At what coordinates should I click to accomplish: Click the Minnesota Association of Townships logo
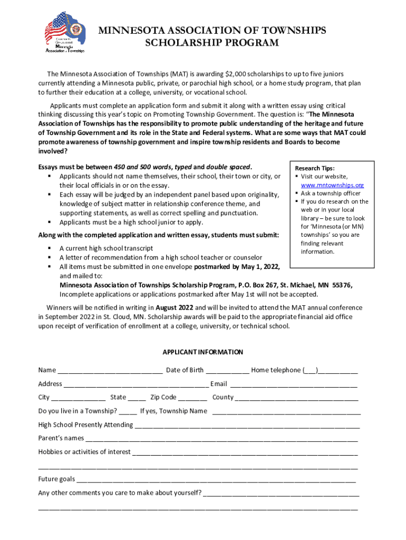coord(64,33)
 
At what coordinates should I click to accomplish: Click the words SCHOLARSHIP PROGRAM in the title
coord(211,43)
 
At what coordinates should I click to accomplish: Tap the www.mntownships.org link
coord(332,185)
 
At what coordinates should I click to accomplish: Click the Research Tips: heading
coord(315,168)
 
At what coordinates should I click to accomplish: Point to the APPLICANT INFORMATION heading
coord(202,352)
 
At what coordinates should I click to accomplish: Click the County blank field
coord(296,398)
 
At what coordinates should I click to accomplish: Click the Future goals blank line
coord(216,480)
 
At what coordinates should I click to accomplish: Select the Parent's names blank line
coord(221,439)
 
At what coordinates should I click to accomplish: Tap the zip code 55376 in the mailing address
coord(342,285)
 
